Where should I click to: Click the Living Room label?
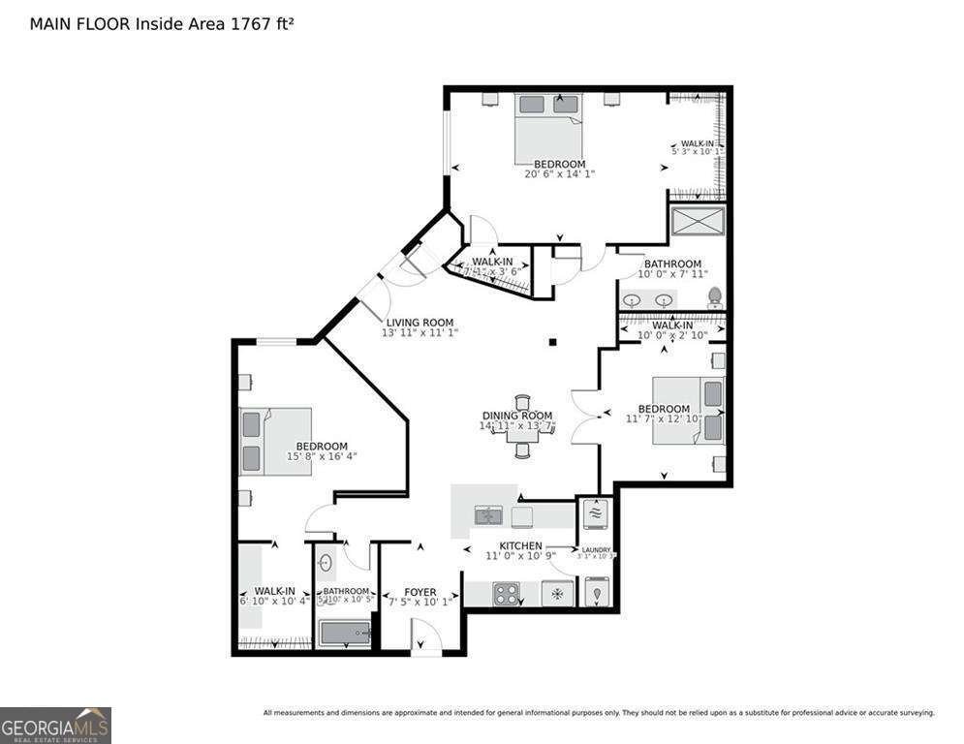coord(420,323)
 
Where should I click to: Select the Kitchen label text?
coord(520,546)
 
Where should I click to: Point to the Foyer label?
coord(420,592)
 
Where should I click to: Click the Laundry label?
coord(595,550)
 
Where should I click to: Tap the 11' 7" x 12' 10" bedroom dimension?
coord(665,420)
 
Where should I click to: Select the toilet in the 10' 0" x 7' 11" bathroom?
coord(715,296)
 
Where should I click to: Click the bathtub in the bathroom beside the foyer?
coord(346,634)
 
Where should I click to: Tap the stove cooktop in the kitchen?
coord(507,593)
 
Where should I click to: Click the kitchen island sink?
coord(488,515)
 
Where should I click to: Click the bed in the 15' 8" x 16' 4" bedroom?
coord(275,441)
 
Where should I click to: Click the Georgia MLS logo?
coord(55,725)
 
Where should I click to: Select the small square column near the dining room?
coord(551,341)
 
